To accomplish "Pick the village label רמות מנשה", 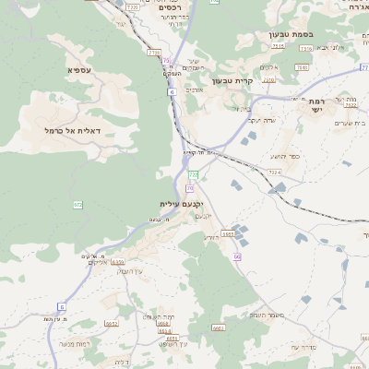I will point(72,343).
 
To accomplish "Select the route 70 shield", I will point(189,188).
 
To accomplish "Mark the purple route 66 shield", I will point(237,256).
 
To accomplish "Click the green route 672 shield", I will point(77,204).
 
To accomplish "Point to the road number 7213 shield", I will point(132,7).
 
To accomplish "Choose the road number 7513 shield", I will point(303,67).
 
